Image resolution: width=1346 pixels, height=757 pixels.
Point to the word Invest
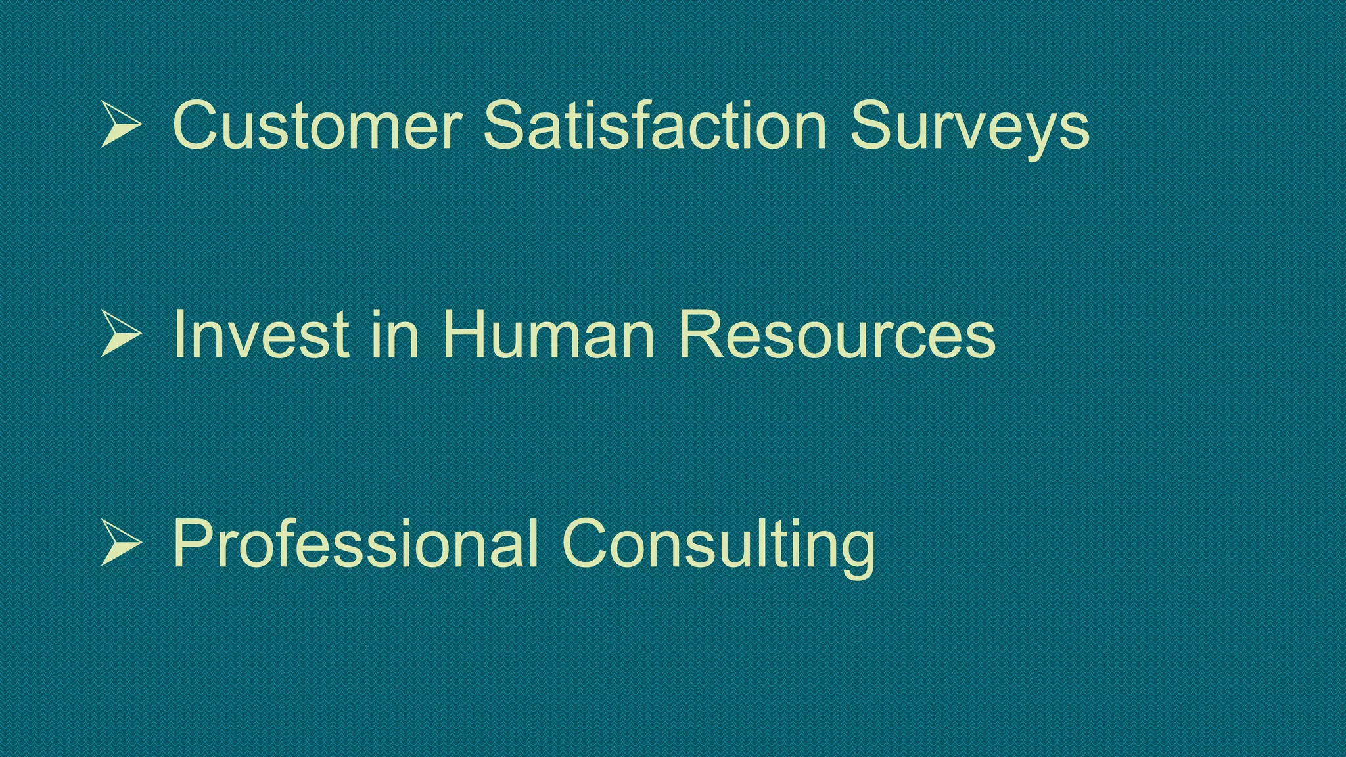[x=261, y=334]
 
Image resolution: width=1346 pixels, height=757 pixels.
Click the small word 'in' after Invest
[x=395, y=334]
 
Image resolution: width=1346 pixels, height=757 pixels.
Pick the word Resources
[x=837, y=334]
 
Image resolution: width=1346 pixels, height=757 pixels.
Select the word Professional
[x=356, y=543]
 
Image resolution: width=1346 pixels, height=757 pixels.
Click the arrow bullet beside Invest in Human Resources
[x=121, y=334]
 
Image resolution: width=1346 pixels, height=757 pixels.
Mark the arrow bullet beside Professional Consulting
[x=121, y=543]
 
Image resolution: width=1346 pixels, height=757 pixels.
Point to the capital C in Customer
[x=198, y=124]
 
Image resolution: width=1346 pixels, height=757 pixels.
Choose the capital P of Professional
[x=196, y=543]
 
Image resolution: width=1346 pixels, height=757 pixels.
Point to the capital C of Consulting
[x=587, y=543]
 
